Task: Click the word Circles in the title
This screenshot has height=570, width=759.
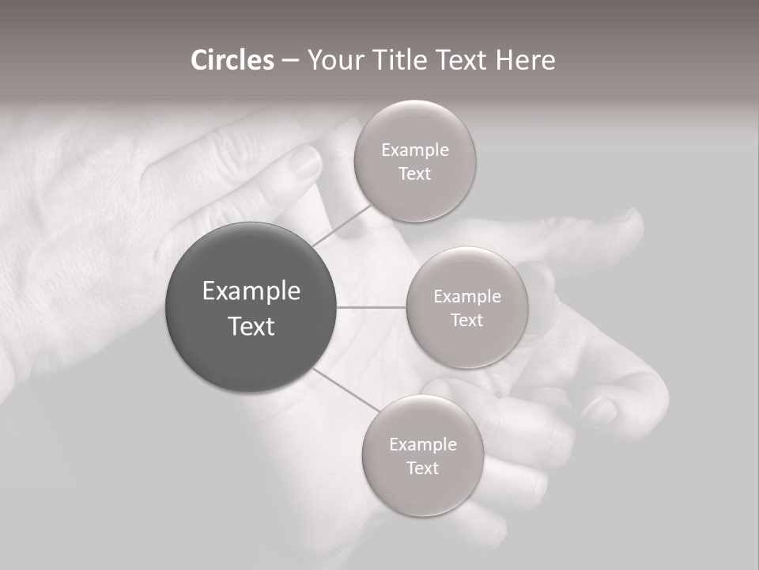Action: (232, 60)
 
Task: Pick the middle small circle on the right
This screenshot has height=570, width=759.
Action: (467, 340)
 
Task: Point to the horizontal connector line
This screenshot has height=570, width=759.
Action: (371, 307)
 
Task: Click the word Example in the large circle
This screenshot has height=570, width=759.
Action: (251, 291)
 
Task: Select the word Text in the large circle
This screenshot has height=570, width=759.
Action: (251, 326)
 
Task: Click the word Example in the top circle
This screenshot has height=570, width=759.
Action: (415, 150)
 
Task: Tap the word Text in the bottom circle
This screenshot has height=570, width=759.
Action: (422, 468)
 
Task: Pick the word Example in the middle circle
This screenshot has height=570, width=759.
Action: (467, 297)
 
